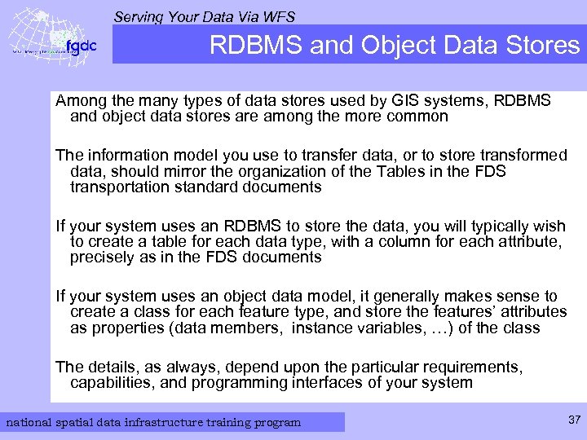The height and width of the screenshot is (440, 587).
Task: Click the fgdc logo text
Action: point(81,46)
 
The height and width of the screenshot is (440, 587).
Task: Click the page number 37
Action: point(573,420)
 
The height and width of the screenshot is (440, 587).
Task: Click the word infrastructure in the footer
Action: point(182,422)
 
